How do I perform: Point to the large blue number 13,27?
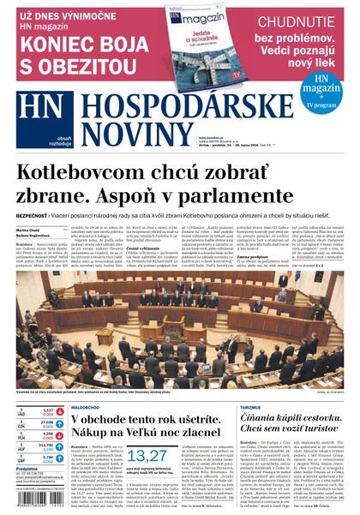(147, 458)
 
